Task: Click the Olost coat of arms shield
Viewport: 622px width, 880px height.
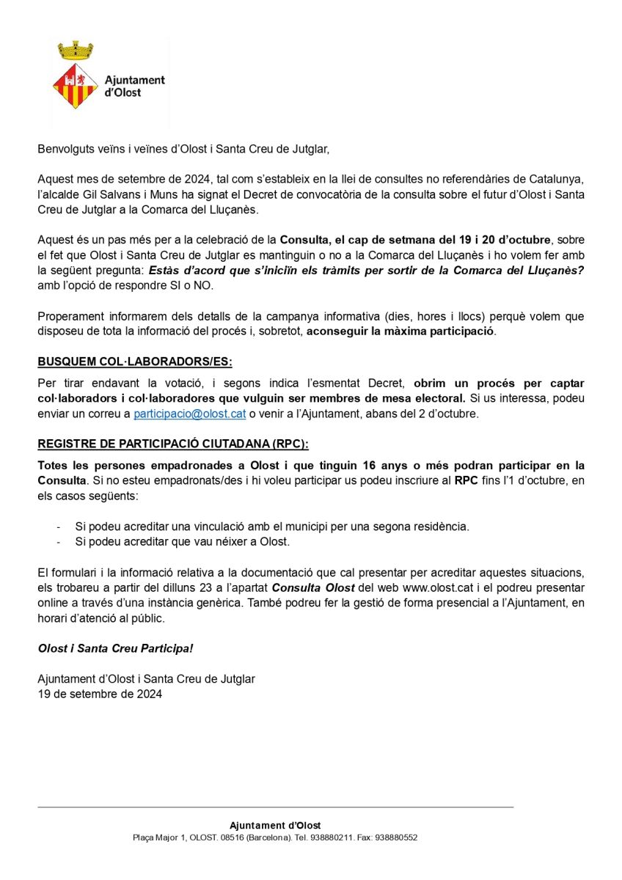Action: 76,86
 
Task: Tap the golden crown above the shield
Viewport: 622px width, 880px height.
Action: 76,51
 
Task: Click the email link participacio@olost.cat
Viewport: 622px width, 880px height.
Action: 189,414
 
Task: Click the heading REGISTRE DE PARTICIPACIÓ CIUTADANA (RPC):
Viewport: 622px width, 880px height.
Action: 173,444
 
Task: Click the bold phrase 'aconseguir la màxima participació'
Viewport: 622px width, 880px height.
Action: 401,331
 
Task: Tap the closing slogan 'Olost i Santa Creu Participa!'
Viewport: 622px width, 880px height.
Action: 115,649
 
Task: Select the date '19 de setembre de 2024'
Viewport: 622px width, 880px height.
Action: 100,693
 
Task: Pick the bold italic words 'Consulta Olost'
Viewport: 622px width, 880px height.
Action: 313,588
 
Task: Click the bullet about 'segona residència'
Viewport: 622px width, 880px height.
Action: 272,527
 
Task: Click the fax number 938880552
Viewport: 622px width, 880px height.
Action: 397,837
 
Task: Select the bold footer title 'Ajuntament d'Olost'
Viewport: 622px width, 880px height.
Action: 275,826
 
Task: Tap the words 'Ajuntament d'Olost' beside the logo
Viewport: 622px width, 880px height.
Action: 135,87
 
